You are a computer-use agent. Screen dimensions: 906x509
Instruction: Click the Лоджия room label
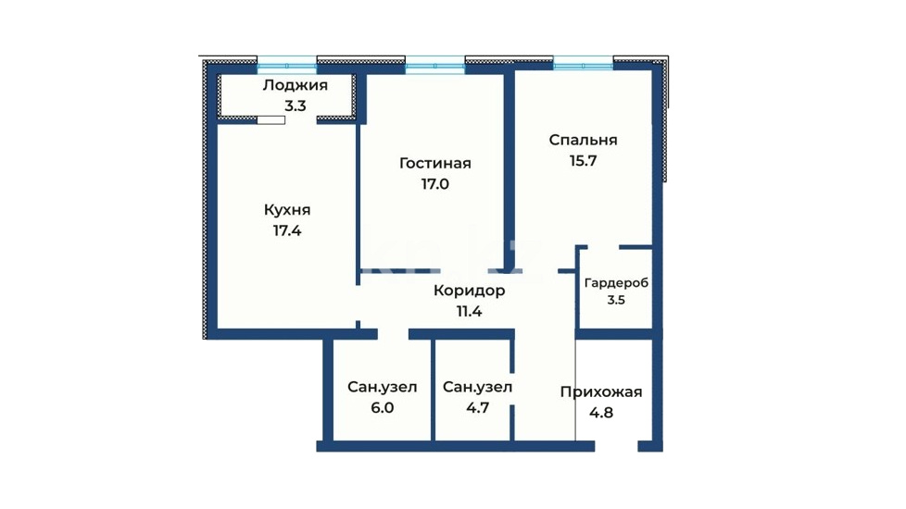click(295, 86)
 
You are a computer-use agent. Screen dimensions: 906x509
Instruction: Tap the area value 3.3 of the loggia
click(295, 106)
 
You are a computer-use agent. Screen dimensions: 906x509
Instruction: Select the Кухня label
click(287, 209)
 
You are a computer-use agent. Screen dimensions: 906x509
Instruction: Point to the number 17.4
click(287, 230)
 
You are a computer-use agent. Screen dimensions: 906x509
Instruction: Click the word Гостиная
click(435, 163)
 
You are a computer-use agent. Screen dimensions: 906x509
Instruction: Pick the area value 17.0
click(435, 184)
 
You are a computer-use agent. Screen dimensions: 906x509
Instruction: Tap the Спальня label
click(583, 141)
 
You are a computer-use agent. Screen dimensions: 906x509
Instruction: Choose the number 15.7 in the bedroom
click(583, 161)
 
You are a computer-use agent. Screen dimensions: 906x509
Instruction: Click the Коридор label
click(469, 291)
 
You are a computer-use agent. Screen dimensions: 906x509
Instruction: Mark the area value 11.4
click(469, 312)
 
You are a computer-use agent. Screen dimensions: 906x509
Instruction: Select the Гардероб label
click(617, 283)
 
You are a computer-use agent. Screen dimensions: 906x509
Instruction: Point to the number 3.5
click(617, 300)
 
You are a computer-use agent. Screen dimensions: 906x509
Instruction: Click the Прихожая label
click(601, 392)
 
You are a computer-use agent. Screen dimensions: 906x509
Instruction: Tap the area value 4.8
click(601, 413)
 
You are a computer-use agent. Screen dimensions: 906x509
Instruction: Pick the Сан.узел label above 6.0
click(382, 387)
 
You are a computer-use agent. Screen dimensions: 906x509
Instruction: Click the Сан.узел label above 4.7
click(477, 387)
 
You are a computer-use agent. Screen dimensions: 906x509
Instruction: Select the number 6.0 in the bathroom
click(382, 408)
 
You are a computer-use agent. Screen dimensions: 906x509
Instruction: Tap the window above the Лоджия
click(287, 65)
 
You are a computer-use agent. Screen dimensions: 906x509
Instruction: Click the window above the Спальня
click(583, 63)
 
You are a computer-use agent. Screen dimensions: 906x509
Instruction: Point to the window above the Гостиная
click(435, 65)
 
